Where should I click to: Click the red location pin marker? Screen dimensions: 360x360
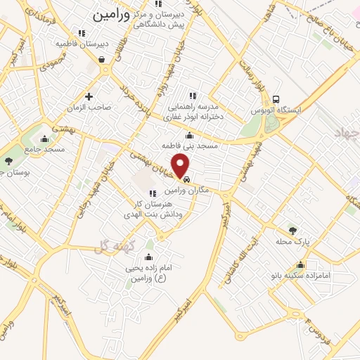tap(181, 166)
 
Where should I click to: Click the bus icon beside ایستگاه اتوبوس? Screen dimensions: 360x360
tap(275, 100)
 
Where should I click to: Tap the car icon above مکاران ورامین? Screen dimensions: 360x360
tap(185, 180)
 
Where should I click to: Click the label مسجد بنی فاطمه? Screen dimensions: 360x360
tap(191, 146)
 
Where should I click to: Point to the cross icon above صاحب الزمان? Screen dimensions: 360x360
tap(89, 96)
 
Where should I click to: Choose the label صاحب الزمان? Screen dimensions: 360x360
tap(89, 108)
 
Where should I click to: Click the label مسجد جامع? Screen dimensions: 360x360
tap(46, 149)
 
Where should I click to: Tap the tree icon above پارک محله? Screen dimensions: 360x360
tap(292, 230)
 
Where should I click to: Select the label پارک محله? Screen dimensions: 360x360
tap(292, 241)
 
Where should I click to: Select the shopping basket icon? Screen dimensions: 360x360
tap(103, 60)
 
